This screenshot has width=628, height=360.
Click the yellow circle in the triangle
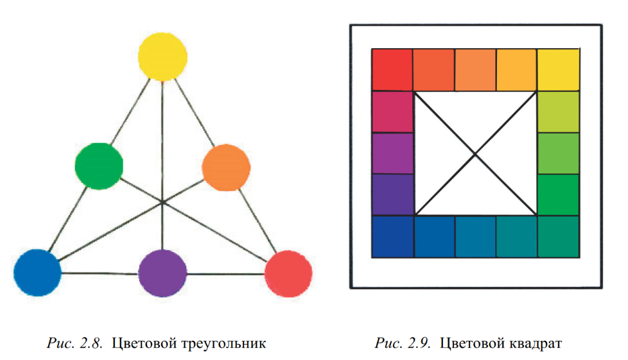163,56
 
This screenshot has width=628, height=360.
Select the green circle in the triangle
99,166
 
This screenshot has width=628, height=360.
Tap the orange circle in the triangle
226,166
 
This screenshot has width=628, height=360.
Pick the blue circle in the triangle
37,271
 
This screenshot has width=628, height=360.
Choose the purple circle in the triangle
163,272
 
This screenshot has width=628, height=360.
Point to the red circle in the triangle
288,272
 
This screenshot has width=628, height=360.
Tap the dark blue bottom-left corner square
392,236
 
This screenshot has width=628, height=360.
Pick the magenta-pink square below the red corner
392,111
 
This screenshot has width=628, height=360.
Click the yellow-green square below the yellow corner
557,111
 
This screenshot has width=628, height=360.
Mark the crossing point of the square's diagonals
475,153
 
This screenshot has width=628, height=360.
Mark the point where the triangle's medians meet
163,202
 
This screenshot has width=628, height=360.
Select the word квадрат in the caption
532,344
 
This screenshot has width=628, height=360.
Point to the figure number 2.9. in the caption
419,344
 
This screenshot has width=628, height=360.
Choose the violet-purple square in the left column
392,153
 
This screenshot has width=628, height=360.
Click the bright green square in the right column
557,194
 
